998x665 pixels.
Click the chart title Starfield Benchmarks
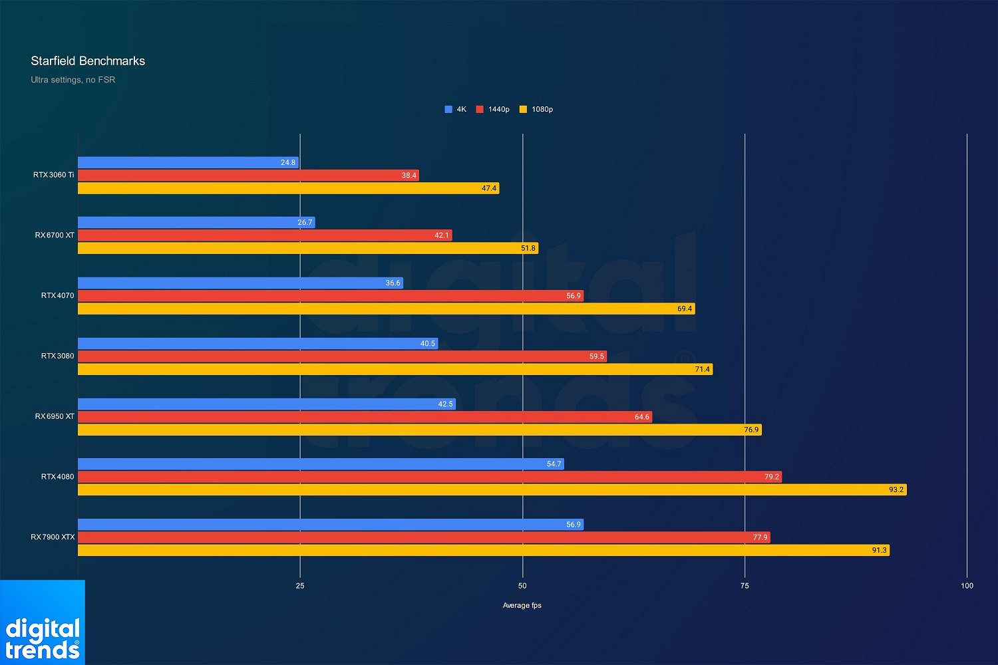(88, 61)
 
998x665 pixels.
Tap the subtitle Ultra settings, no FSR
(73, 80)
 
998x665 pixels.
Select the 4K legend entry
(456, 109)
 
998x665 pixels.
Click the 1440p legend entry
(493, 109)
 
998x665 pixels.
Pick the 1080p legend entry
(536, 109)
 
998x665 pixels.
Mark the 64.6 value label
(641, 417)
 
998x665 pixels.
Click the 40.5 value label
(427, 344)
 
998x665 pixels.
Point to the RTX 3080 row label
(57, 356)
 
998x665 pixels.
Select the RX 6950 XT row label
(55, 416)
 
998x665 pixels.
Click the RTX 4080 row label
(57, 477)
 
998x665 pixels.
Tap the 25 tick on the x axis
(300, 586)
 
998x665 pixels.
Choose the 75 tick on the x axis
(745, 586)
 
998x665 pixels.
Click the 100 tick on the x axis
(967, 586)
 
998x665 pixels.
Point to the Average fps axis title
(522, 605)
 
